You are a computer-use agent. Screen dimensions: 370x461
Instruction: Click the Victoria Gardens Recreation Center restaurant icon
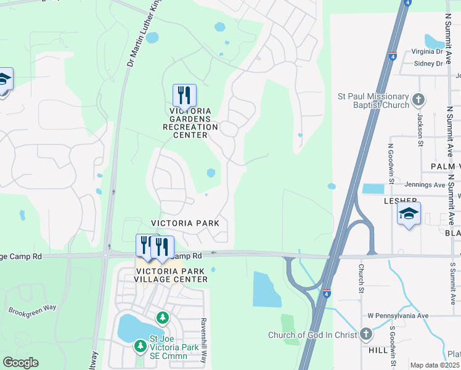click(184, 96)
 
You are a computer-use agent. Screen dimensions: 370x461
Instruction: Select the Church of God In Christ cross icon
click(366, 335)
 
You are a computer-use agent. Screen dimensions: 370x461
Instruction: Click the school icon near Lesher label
click(409, 214)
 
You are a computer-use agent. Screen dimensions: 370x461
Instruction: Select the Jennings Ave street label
click(425, 184)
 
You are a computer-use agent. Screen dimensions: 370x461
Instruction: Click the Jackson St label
click(420, 121)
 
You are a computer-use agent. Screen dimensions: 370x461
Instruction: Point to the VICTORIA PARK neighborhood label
click(186, 223)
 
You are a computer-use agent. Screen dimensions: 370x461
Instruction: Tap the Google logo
click(21, 363)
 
